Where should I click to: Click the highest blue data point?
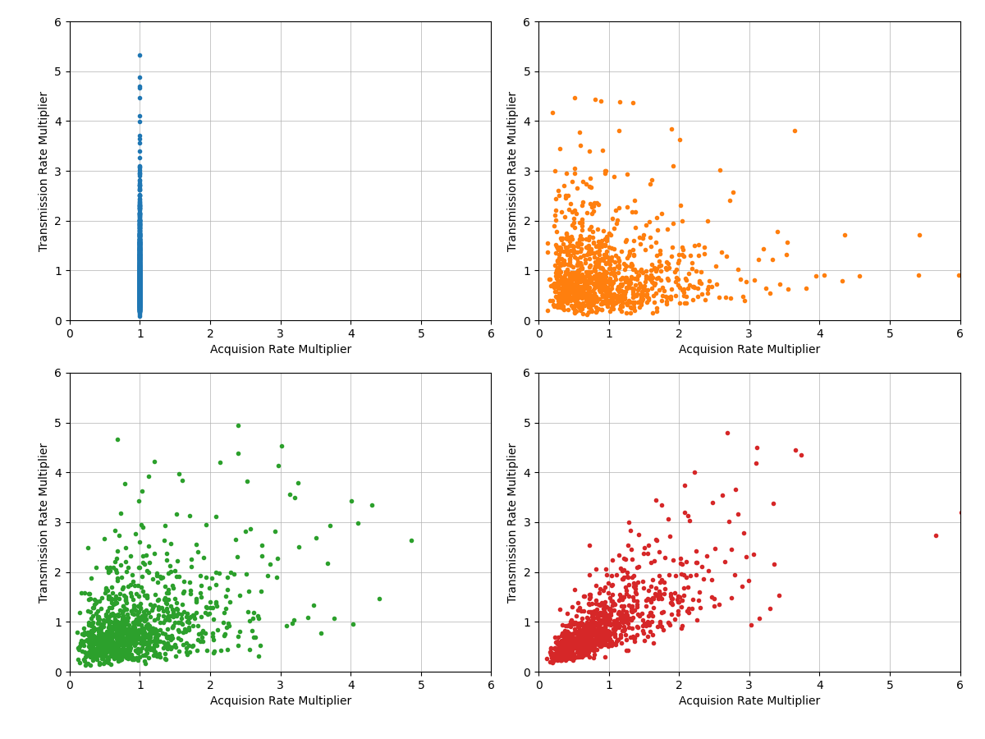[140, 55]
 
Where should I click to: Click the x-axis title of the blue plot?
[280, 350]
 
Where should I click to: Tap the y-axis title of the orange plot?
[512, 171]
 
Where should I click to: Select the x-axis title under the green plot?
[280, 701]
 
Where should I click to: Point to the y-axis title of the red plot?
[512, 522]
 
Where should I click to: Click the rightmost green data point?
[411, 540]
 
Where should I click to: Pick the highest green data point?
[238, 425]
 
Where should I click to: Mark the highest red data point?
[727, 433]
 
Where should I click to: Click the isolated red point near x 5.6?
[936, 535]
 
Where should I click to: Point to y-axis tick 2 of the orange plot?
[528, 221]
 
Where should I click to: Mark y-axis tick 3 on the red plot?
[528, 522]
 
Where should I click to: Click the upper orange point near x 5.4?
[919, 235]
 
